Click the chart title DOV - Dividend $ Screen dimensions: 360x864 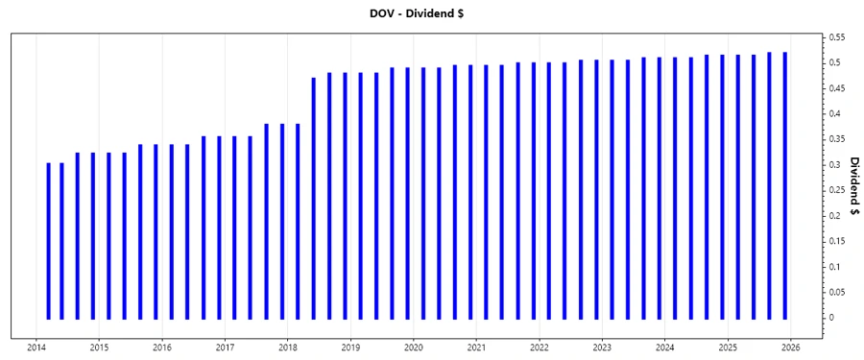tap(431, 13)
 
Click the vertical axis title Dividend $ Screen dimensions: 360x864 tap(853, 187)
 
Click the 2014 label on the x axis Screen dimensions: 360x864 tap(36, 348)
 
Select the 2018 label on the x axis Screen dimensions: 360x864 tap(288, 348)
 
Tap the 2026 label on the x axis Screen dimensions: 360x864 tap(791, 348)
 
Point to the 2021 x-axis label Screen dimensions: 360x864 tap(476, 348)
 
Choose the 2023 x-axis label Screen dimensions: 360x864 tap(602, 348)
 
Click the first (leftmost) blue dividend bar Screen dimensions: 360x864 tap(48, 240)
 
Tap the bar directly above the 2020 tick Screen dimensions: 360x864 tap(408, 192)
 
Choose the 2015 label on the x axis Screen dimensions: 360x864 tap(99, 348)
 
